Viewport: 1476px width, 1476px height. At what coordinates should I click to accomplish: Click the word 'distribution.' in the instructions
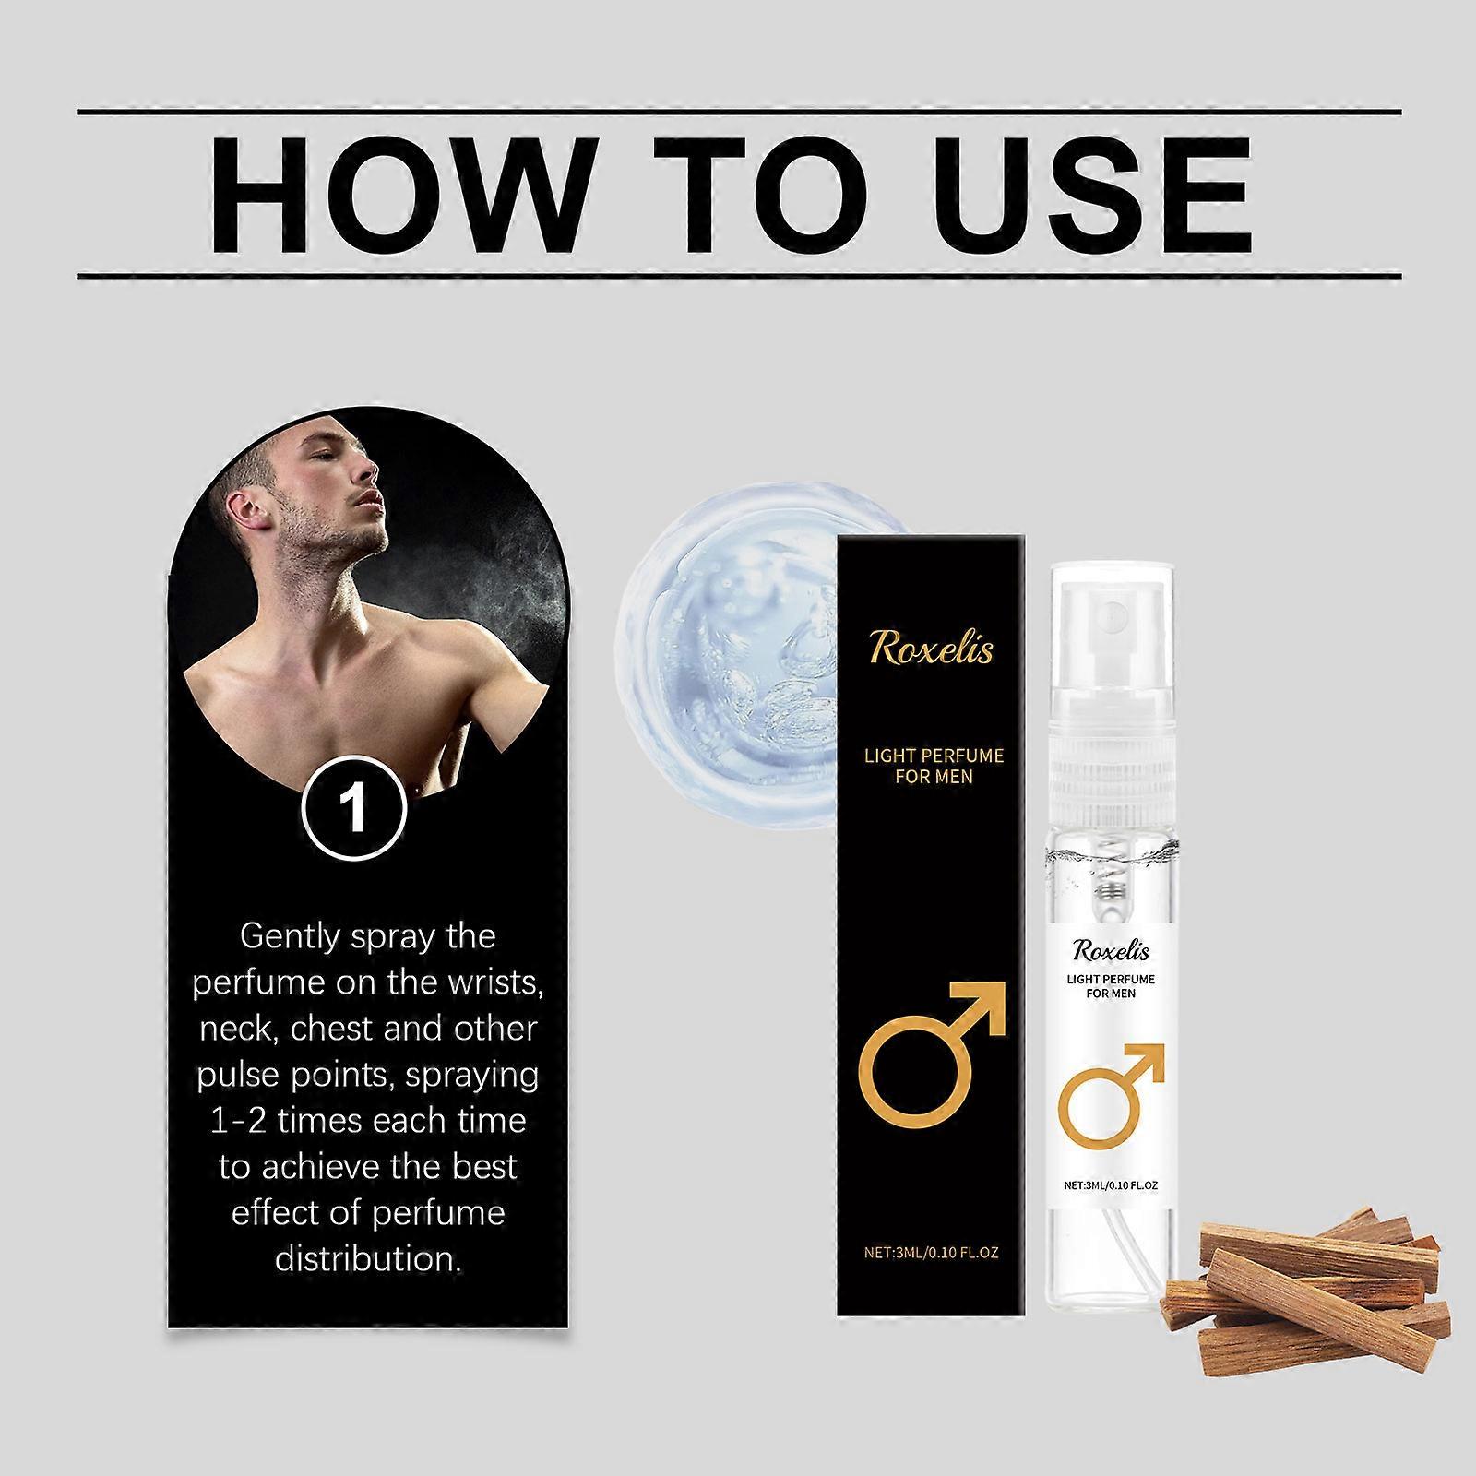[367, 1258]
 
